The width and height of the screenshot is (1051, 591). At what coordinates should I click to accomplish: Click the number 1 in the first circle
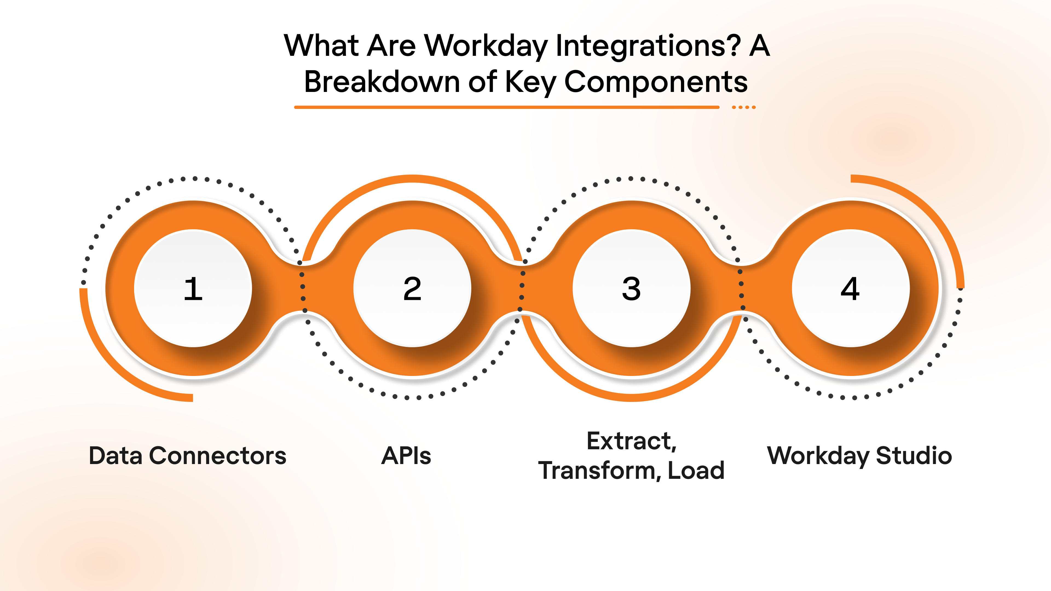click(193, 289)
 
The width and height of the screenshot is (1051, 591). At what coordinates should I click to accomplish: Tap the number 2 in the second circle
click(412, 289)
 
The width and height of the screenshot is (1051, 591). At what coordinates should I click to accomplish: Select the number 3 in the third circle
click(631, 289)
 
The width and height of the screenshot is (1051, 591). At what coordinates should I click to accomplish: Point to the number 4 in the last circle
click(850, 289)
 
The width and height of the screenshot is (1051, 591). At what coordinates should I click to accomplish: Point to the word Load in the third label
click(696, 471)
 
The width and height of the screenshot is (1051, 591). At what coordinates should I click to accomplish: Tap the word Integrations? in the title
click(648, 46)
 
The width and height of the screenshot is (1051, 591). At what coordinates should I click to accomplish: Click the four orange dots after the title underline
click(743, 107)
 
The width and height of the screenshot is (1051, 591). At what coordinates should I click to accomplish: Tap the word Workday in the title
click(486, 46)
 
